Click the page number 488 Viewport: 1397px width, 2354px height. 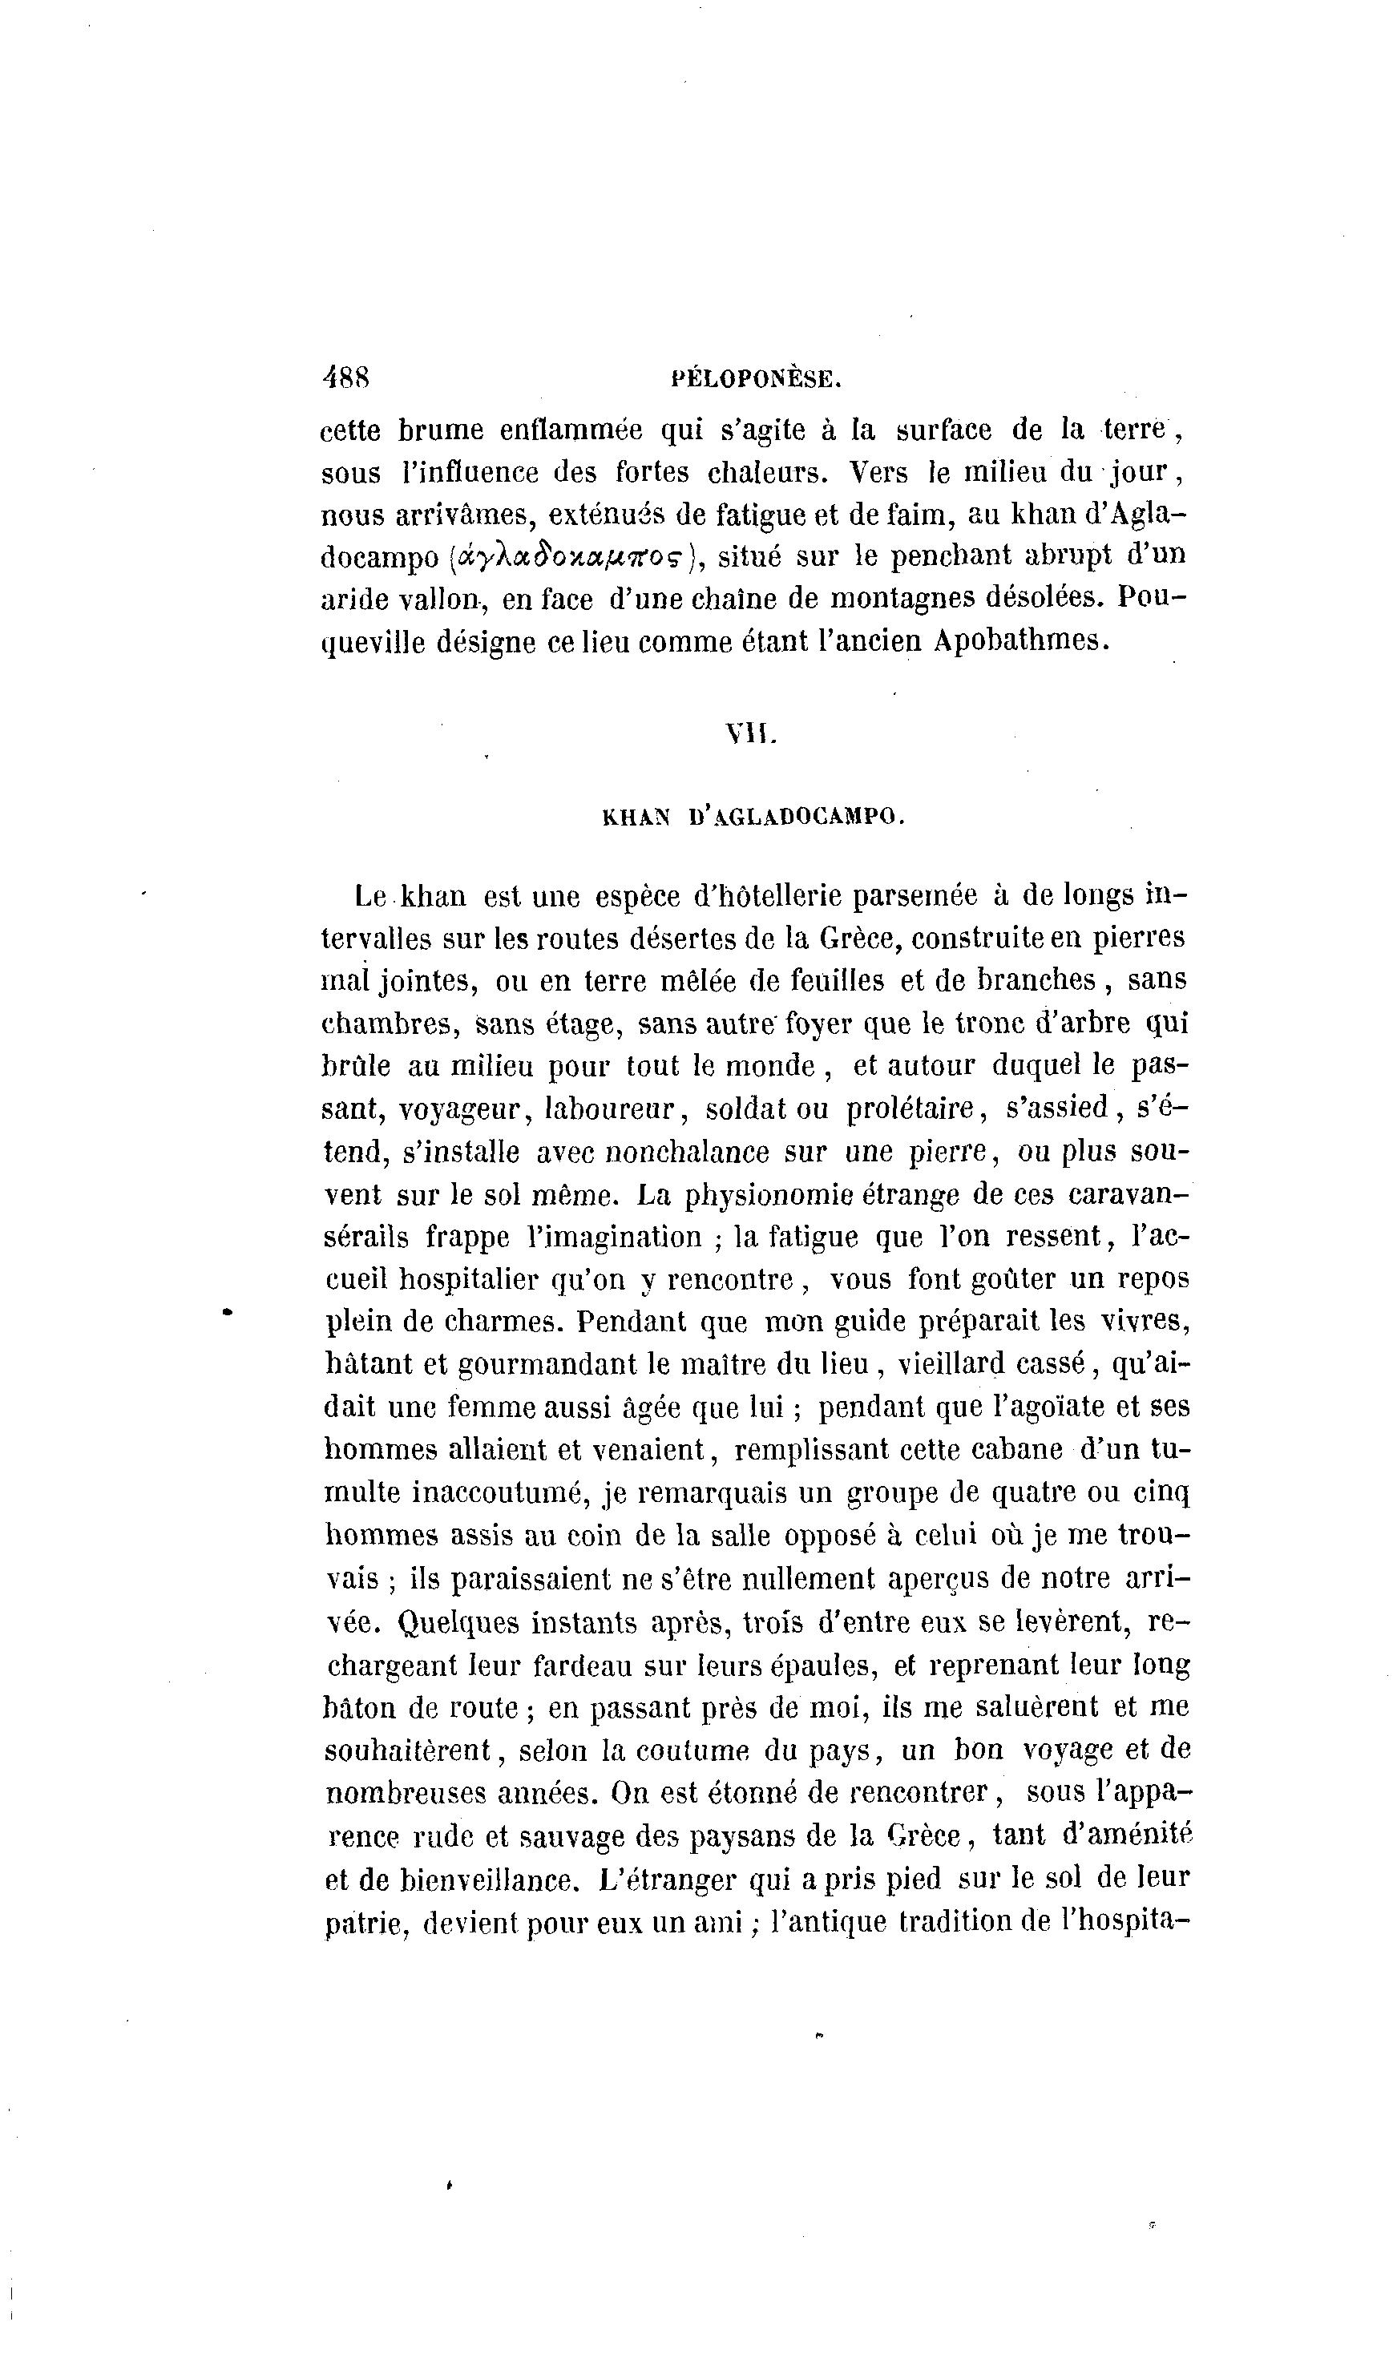(x=345, y=378)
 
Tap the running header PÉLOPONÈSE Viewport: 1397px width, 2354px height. (x=755, y=379)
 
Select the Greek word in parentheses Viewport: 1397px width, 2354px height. (x=572, y=557)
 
